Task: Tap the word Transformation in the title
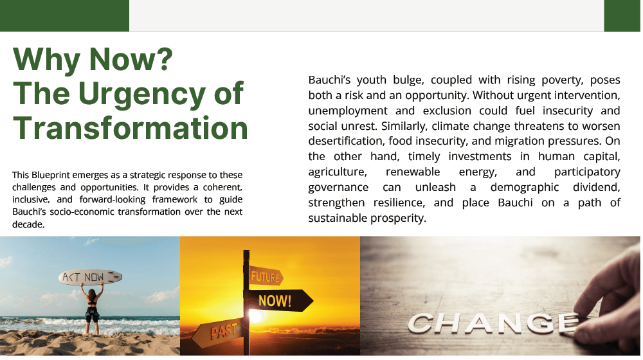coord(131,127)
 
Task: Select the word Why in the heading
coord(46,60)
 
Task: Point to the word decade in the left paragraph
coord(28,224)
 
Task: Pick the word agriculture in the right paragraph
coord(338,172)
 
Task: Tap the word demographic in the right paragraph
coord(525,187)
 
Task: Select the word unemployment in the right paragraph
coord(348,111)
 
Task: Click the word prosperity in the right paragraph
coord(398,219)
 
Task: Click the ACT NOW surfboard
coord(90,278)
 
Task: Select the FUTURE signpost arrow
coord(266,277)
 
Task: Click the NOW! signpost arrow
coord(279,301)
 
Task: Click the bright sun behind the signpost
coord(255,316)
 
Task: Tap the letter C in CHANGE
coord(422,324)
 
